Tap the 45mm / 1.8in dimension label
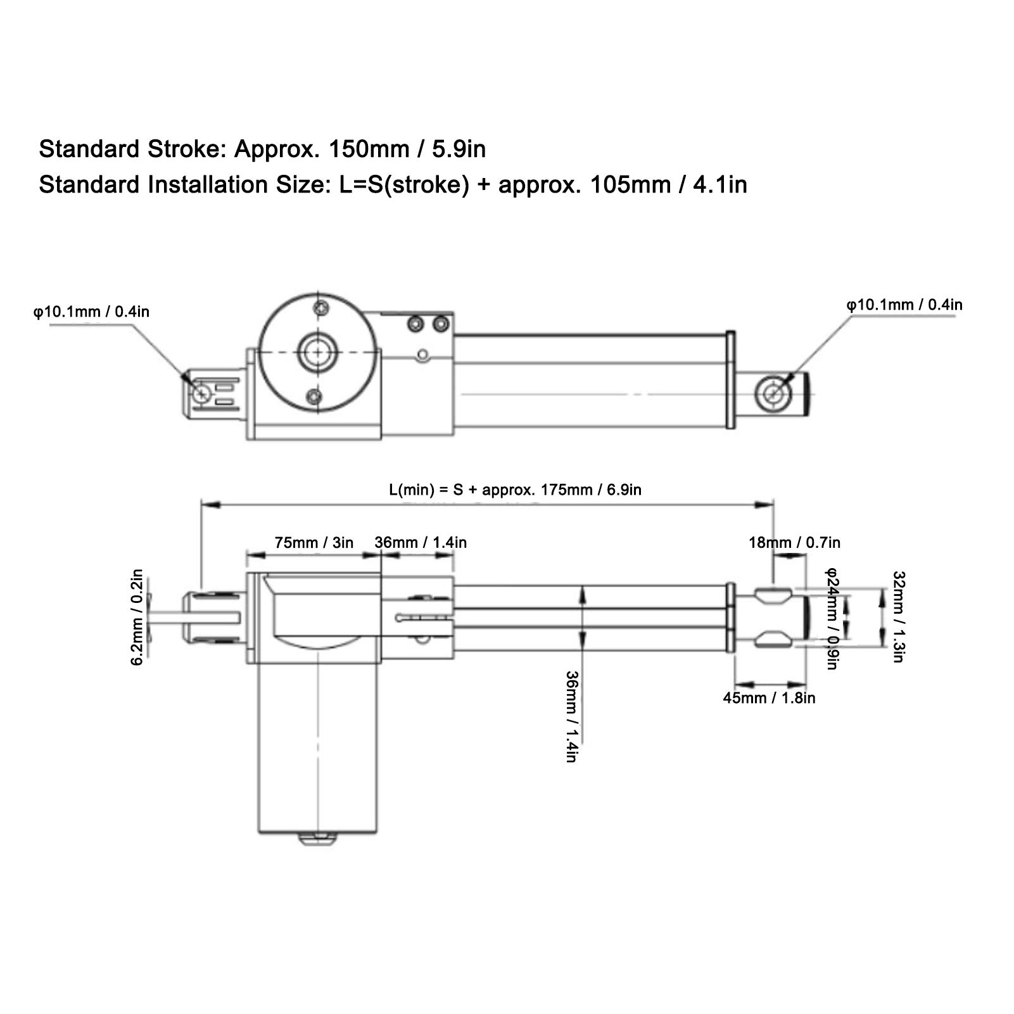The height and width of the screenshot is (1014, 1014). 769,698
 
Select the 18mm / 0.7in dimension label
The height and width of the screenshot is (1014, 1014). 794,543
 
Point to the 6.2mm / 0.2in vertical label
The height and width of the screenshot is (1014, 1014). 137,617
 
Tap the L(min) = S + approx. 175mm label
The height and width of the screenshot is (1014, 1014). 514,490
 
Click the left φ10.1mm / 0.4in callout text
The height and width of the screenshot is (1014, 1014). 91,312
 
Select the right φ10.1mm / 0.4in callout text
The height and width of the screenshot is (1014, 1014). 904,305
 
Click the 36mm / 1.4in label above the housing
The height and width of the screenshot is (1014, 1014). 421,543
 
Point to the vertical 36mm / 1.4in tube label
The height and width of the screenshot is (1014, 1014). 571,716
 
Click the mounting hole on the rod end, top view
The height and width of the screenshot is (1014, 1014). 773,393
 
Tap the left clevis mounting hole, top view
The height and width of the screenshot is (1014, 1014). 202,393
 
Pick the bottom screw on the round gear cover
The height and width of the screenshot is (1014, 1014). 312,396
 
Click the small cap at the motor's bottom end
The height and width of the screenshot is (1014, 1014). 316,840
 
